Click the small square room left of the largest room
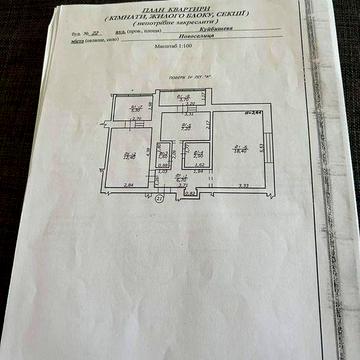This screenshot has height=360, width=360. [x=197, y=155]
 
